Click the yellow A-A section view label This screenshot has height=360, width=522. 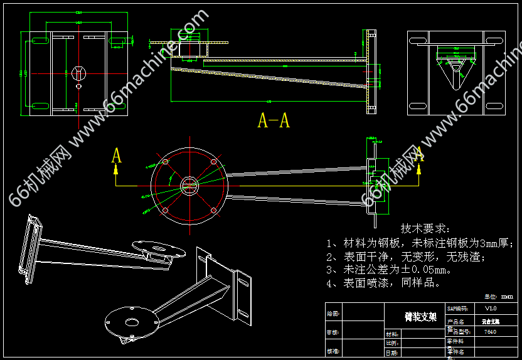(x=274, y=120)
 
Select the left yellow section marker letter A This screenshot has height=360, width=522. (x=116, y=156)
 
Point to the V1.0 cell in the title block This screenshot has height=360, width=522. (x=491, y=309)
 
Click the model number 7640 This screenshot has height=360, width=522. (x=491, y=331)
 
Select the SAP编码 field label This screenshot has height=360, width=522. (x=457, y=309)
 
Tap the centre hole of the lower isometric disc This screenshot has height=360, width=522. (x=131, y=322)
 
